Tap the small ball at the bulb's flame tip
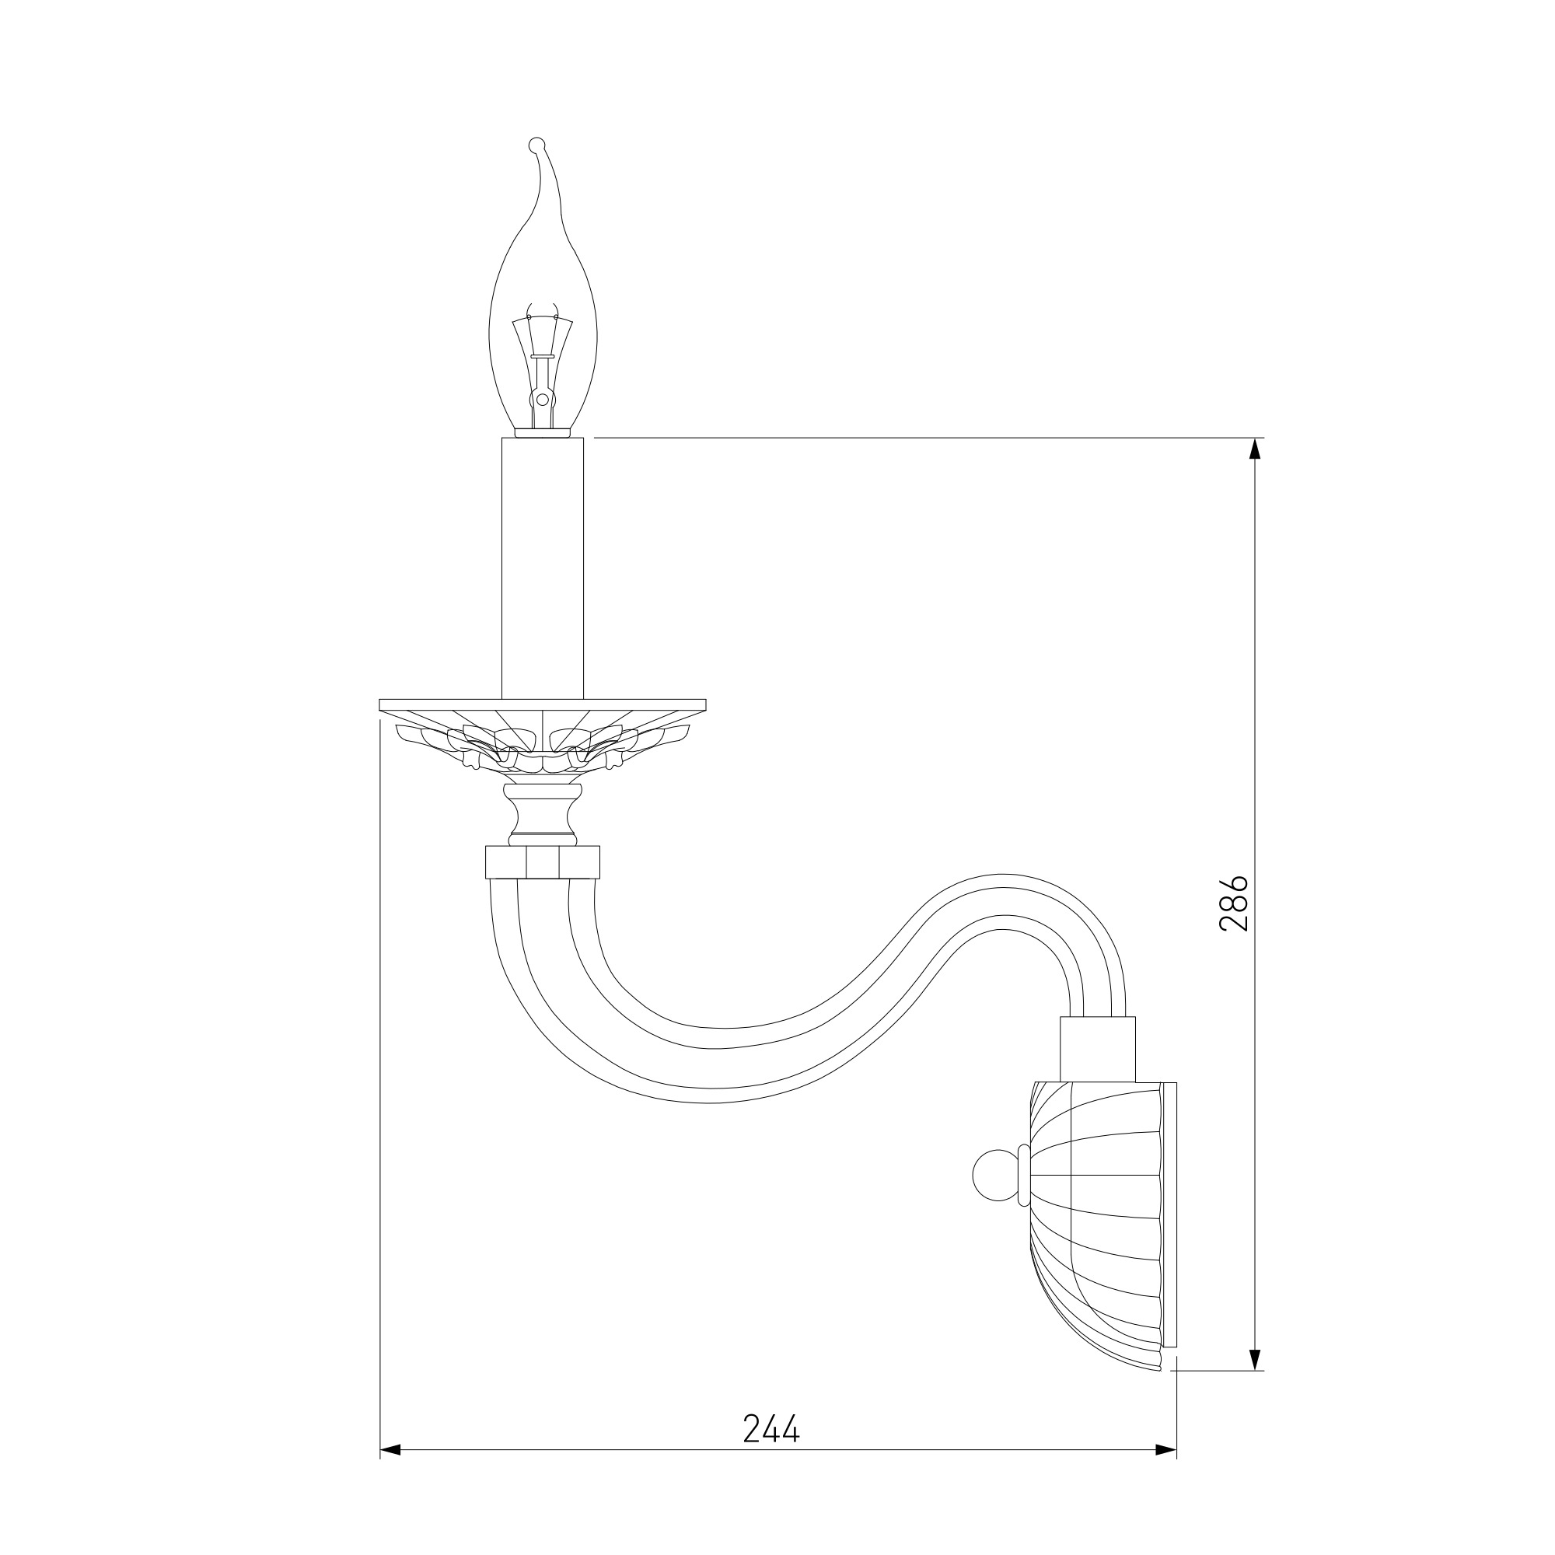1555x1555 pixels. point(536,145)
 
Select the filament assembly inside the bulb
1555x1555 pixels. point(543,366)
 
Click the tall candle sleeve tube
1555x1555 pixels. point(543,568)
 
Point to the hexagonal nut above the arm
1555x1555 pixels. point(543,861)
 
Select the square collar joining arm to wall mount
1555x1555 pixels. point(1097,1049)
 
